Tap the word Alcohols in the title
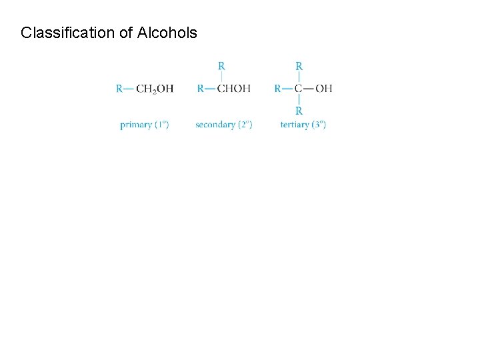[167, 33]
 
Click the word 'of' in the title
[127, 33]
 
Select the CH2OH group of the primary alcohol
[155, 89]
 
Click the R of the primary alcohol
[119, 89]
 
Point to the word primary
[136, 125]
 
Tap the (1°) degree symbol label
[161, 125]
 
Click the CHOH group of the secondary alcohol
[233, 89]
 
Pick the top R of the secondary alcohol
[221, 67]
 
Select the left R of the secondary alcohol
[201, 89]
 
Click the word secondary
[215, 125]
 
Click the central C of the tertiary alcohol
[299, 89]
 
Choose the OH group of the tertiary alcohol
[324, 89]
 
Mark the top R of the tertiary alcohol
[299, 67]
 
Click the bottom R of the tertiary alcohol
[299, 111]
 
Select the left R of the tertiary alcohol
[278, 89]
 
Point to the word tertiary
[294, 125]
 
